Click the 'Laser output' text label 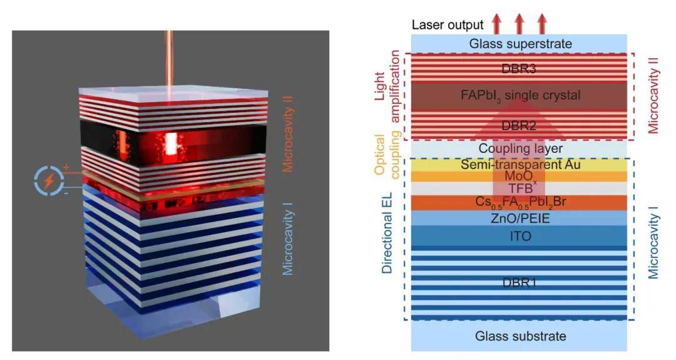[448, 25]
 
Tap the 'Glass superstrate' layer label [519, 44]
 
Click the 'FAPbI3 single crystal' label [519, 96]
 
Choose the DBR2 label [519, 125]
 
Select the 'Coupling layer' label [519, 149]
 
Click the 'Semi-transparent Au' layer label [519, 165]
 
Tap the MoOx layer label [519, 177]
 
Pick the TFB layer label [519, 188]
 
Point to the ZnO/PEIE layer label [519, 218]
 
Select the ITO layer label [519, 236]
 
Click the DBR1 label [519, 282]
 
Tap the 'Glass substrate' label [519, 336]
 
